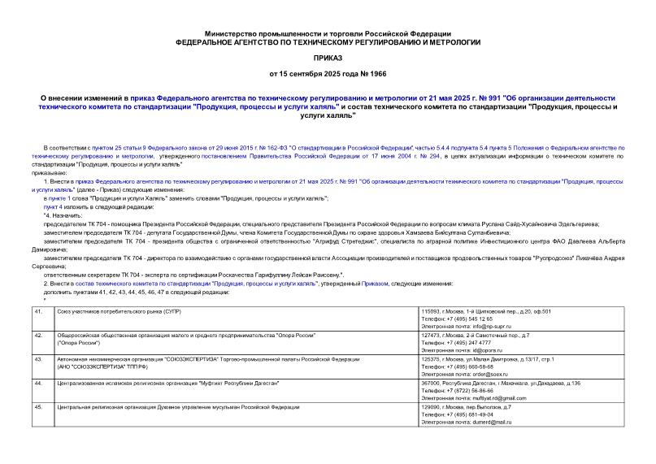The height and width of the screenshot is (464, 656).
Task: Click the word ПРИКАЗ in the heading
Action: [x=328, y=59]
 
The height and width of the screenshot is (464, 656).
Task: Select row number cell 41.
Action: [x=38, y=312]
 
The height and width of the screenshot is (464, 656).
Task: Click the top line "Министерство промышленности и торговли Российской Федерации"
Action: [x=328, y=31]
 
